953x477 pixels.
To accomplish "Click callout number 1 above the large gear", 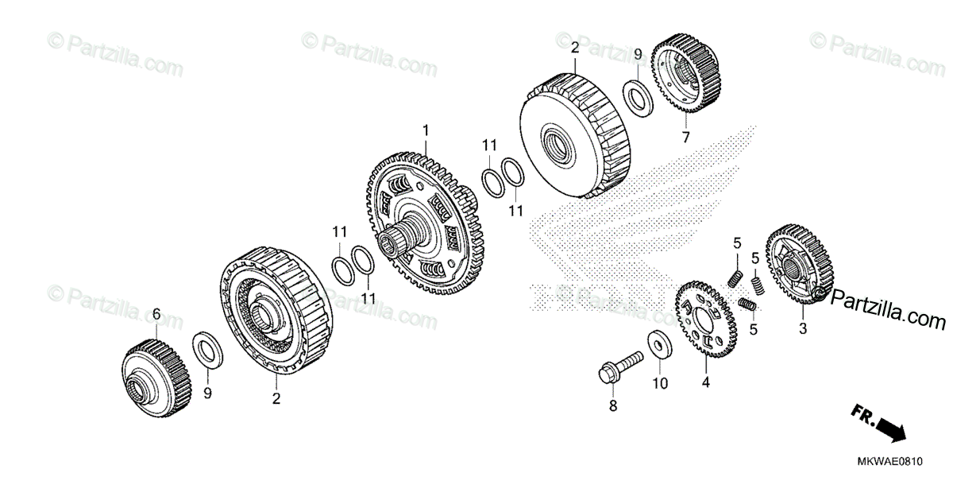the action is coord(426,129).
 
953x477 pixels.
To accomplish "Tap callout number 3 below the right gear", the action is coord(802,328).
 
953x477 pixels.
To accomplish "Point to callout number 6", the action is coord(156,315).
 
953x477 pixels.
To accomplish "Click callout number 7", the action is coord(685,138).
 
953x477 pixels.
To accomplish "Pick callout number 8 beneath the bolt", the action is coord(612,406).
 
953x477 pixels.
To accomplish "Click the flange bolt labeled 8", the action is coord(619,367).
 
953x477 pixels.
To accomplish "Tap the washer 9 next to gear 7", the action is coord(638,95).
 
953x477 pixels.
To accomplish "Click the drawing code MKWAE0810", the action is coord(902,461).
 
